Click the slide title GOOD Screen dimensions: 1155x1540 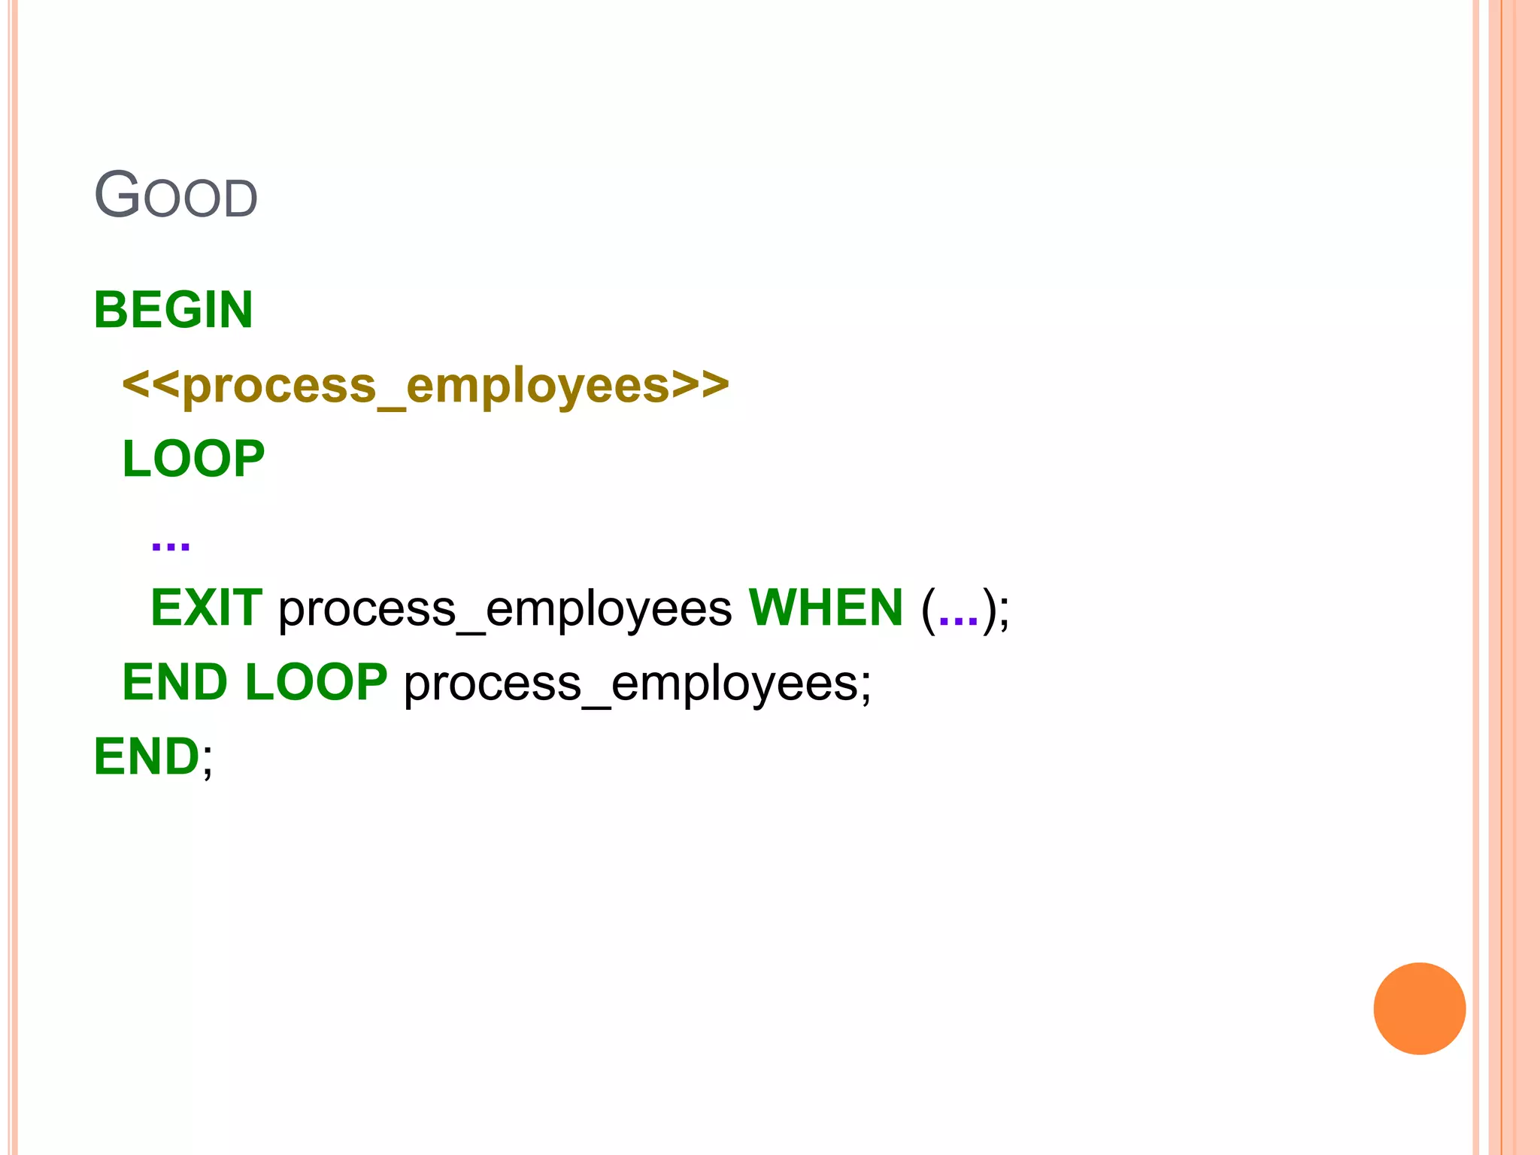click(x=176, y=196)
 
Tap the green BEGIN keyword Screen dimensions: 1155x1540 click(x=173, y=310)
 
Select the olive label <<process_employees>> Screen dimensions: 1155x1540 click(x=426, y=385)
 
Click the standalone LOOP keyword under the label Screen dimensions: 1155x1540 click(x=193, y=459)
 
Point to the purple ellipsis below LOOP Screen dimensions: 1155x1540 click(x=171, y=544)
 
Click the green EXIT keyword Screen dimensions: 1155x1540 click(x=207, y=608)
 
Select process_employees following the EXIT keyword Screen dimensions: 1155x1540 click(x=505, y=609)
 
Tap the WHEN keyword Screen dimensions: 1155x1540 click(x=826, y=608)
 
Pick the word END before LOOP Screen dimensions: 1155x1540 click(x=174, y=682)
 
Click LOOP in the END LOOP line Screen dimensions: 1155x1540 click(x=317, y=682)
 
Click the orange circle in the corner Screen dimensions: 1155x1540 click(x=1419, y=1008)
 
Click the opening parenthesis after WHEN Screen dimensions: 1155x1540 click(x=929, y=609)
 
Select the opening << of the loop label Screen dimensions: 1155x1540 click(x=151, y=385)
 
